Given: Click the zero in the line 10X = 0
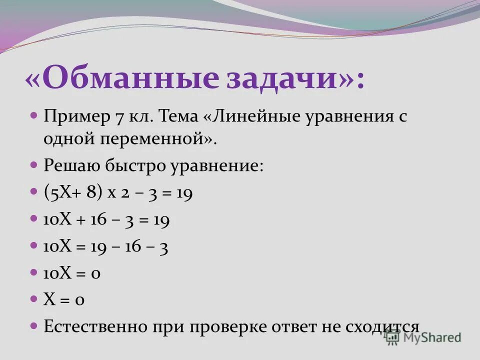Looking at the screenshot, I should point(95,273).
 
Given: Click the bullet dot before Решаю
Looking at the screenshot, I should point(34,164).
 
